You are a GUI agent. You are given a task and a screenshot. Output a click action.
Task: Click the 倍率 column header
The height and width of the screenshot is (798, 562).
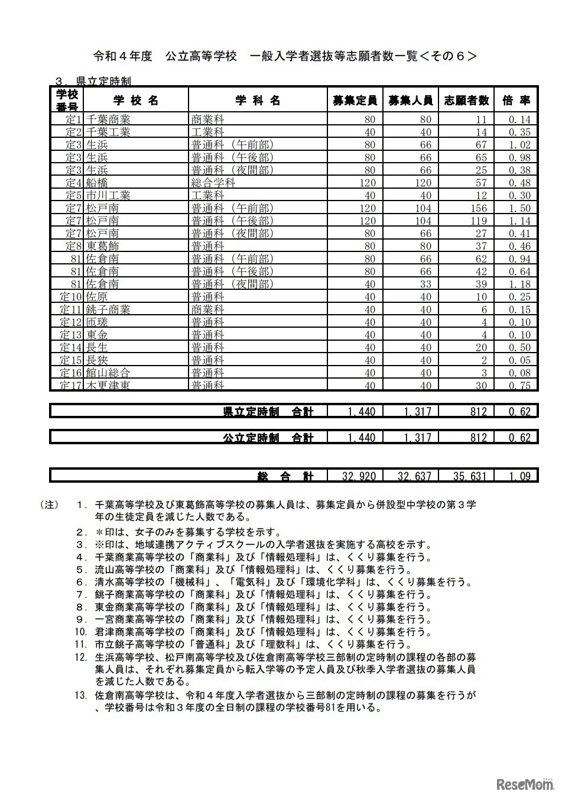(516, 100)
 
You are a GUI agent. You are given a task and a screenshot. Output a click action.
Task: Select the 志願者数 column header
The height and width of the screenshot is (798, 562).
(466, 100)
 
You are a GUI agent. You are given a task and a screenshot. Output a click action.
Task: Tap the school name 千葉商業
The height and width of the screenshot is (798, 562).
(108, 119)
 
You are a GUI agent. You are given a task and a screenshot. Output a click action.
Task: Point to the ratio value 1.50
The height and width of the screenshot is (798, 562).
(519, 208)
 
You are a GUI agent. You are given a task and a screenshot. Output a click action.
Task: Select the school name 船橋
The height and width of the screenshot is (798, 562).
(97, 183)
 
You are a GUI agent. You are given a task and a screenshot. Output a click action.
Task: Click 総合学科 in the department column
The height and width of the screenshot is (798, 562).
(213, 183)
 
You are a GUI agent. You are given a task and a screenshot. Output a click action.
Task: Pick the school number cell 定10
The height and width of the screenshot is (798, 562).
(71, 297)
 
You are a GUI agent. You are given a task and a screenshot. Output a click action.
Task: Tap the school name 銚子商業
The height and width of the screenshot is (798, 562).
(108, 309)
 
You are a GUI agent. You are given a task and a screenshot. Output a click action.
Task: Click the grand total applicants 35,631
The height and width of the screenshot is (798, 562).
(470, 476)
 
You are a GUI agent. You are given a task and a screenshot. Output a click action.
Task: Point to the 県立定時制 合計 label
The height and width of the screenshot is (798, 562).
(268, 412)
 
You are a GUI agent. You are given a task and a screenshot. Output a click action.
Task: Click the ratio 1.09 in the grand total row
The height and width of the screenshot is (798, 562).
(519, 476)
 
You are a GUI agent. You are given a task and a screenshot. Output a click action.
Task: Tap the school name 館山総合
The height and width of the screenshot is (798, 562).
(108, 373)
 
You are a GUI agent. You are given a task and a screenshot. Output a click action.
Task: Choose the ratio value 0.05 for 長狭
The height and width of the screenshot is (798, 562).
(519, 360)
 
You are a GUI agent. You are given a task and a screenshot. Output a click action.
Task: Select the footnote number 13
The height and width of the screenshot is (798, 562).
(81, 694)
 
